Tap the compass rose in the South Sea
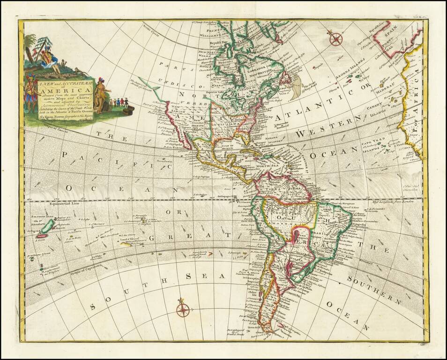pyautogui.click(x=183, y=310)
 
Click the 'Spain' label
pyautogui.click(x=391, y=34)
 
